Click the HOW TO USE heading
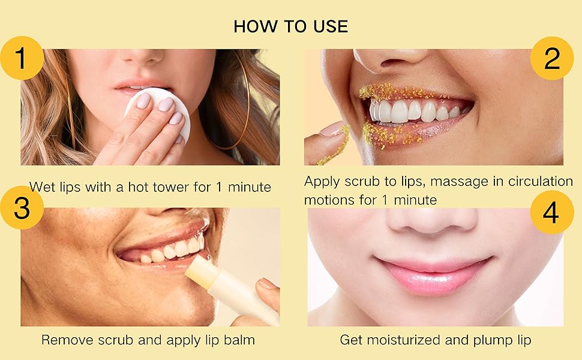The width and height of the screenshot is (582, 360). point(290,26)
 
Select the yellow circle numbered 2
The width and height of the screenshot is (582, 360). point(551,59)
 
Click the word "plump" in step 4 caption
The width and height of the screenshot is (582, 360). point(487,340)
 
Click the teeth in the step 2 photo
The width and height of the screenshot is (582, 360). point(414,112)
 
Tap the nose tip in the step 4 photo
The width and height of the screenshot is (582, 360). point(433,222)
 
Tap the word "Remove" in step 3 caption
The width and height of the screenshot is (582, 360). point(67,340)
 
